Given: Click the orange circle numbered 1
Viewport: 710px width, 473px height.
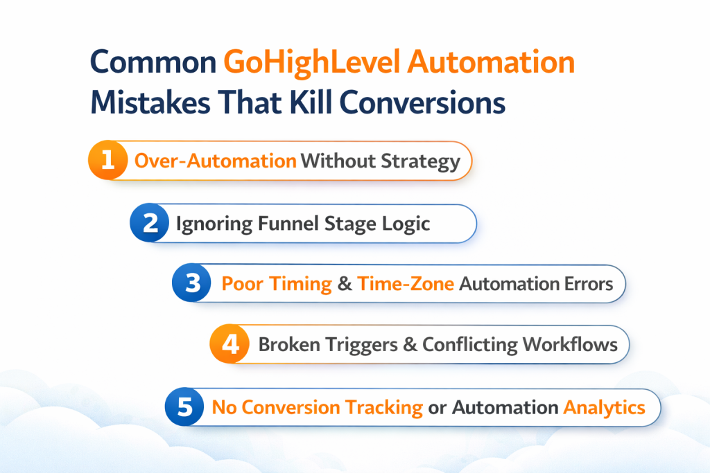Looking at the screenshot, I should coord(107,161).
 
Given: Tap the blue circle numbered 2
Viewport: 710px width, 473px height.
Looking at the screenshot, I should coord(150,223).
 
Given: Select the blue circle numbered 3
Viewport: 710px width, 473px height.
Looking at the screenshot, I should coord(191,284).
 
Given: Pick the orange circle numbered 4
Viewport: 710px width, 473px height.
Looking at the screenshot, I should coord(229,344).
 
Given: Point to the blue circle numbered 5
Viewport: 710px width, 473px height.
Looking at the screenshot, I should coord(184,407).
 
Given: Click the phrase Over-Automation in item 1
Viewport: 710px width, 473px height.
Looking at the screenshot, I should coord(215,161).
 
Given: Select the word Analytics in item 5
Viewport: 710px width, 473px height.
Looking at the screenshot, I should coord(604,407).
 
